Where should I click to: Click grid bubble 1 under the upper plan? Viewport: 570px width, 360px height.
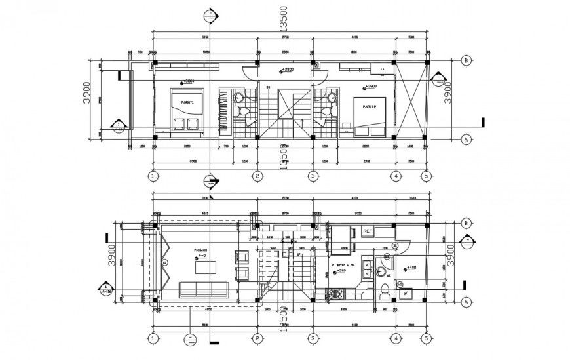[153, 176]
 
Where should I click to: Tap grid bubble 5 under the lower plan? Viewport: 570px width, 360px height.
[427, 339]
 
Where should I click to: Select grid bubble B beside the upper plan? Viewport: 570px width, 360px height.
[466, 60]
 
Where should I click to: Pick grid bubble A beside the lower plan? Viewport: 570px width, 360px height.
[466, 302]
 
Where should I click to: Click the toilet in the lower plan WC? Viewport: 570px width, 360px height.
[384, 289]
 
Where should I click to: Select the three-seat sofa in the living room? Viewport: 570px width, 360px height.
[204, 289]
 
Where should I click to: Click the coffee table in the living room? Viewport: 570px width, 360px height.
[209, 268]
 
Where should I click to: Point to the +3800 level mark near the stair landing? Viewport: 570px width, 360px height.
[287, 70]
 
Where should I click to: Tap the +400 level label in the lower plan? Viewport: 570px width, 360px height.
[411, 268]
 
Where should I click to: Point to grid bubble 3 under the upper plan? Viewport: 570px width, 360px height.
[313, 176]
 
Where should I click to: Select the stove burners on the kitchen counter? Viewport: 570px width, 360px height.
[339, 293]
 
